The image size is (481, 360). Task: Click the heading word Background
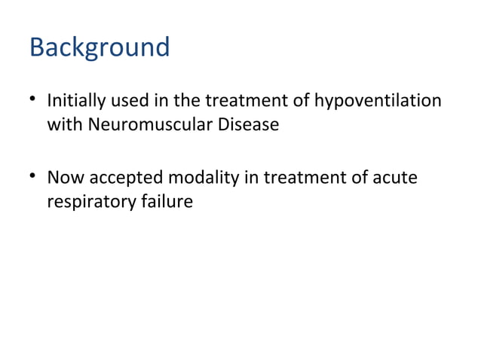point(100,47)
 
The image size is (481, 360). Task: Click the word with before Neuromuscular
point(65,124)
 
